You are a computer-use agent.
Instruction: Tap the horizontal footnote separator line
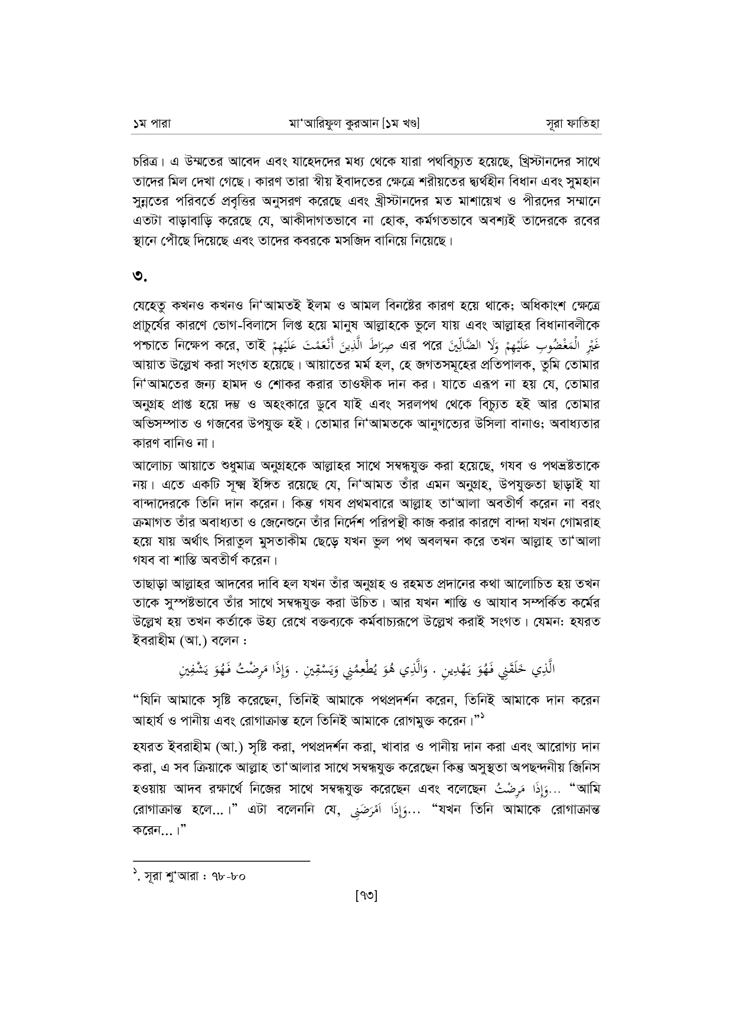coord(221,861)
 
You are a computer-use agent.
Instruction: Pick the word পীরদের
coord(549,201)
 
